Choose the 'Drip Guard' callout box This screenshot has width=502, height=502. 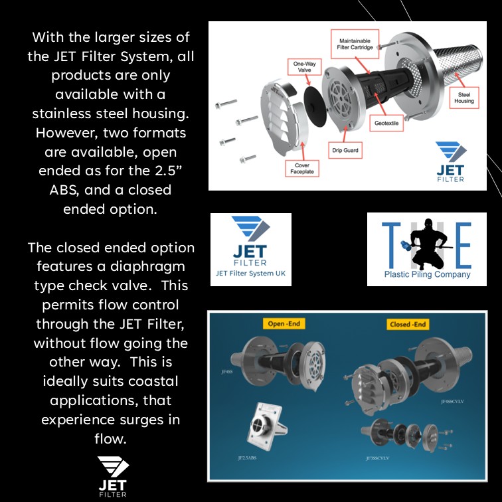(x=345, y=151)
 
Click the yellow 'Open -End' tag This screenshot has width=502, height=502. (x=285, y=324)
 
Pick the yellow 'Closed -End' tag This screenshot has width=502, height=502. (x=408, y=324)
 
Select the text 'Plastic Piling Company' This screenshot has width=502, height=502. (x=427, y=274)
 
